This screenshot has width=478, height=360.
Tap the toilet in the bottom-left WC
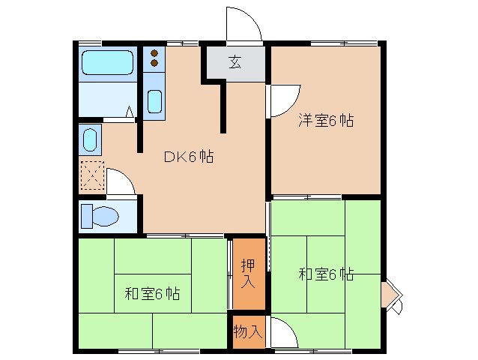click(100, 216)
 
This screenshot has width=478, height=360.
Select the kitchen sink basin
click(154, 100)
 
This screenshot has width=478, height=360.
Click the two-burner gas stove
click(154, 58)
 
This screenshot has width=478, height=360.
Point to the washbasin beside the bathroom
click(89, 139)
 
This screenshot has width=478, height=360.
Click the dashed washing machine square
click(91, 177)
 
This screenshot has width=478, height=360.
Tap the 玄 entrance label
click(235, 62)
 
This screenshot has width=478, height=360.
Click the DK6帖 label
click(190, 157)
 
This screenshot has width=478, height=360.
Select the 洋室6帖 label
click(326, 120)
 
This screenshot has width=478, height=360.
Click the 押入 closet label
click(249, 274)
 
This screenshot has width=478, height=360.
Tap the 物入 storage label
click(247, 331)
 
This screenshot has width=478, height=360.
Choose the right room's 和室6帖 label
click(326, 274)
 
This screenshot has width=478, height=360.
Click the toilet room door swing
click(121, 181)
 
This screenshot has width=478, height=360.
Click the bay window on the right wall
click(390, 295)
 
